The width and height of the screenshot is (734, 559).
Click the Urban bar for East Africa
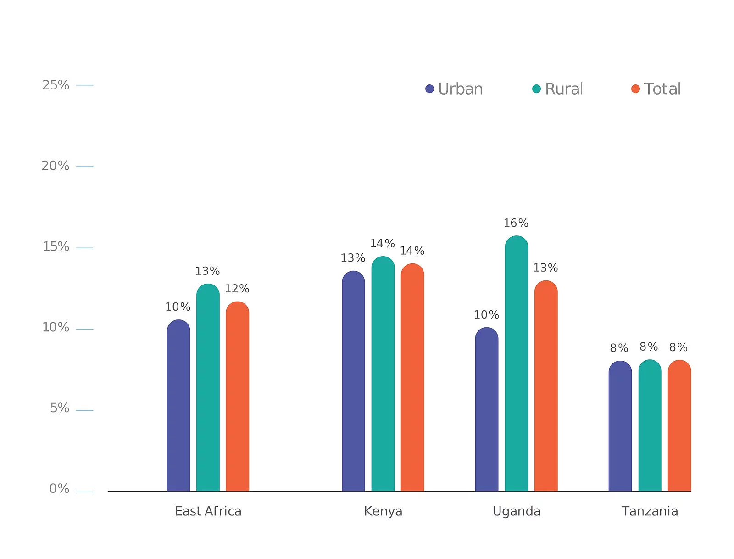pos(178,406)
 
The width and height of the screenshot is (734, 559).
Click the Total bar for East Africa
pos(237,397)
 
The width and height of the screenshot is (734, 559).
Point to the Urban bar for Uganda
pos(486,409)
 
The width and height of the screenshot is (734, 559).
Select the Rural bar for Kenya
pos(383,374)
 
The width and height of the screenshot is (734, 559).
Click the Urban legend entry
pos(454,89)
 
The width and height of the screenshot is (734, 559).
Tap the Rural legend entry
pos(558,89)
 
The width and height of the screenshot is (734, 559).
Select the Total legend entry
pos(656,89)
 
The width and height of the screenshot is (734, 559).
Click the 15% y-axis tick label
pos(56,247)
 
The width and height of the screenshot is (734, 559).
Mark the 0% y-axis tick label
pos(59,489)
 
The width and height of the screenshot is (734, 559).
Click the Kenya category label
pos(383,511)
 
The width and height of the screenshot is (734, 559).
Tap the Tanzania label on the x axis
pos(650,511)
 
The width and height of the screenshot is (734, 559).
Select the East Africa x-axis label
pos(208,511)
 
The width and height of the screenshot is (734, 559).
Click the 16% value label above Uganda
pos(516,223)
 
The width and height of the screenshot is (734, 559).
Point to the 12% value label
pos(237,289)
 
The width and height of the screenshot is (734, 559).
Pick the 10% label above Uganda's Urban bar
pos(486,315)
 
